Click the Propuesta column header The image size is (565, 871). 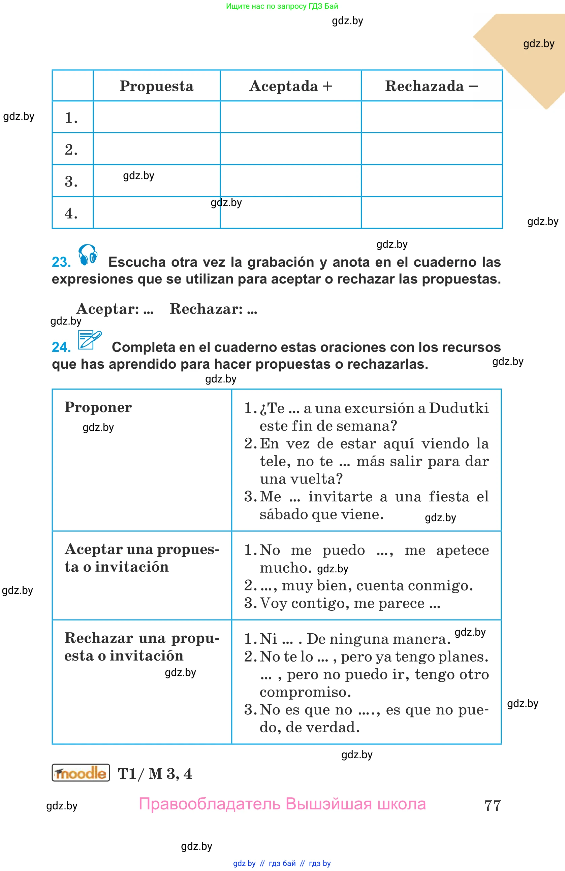click(156, 86)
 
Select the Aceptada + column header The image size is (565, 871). click(291, 86)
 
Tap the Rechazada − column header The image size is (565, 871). click(431, 86)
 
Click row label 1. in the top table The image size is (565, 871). click(71, 118)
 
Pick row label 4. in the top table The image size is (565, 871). click(71, 213)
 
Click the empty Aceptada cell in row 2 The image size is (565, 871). click(291, 149)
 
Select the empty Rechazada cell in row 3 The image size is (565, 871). click(431, 181)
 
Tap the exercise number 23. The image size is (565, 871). click(61, 262)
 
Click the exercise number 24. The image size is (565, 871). click(61, 347)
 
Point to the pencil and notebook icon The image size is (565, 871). click(89, 340)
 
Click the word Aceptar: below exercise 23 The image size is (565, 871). click(108, 309)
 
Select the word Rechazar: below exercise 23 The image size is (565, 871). click(206, 309)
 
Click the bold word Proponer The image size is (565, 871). click(98, 407)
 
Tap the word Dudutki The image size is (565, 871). click(459, 408)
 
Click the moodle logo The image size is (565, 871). click(81, 773)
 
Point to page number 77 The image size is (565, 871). click(492, 805)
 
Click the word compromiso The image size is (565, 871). click(305, 692)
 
